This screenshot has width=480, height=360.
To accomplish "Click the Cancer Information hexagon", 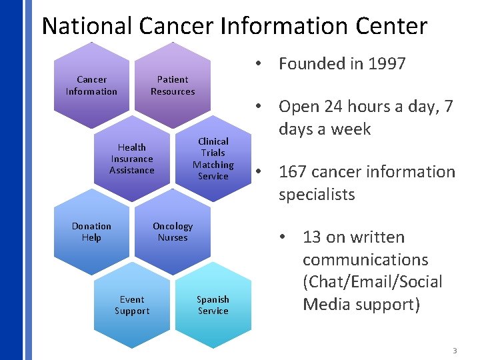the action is coord(91,85).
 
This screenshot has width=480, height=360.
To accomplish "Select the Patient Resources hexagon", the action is coord(173,85).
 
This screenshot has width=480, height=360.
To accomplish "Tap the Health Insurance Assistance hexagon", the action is coord(132,159).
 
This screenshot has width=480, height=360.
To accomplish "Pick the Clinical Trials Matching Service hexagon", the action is coord(213,159).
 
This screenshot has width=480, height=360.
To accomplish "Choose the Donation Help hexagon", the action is coord(91,232).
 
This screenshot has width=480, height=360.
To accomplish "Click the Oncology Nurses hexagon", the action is coord(173,232).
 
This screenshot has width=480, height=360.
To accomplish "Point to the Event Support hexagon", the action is coord(132,305).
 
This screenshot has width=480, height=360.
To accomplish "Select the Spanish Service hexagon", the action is coord(213,305).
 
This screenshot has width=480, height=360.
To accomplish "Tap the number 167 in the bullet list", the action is coord(293,172).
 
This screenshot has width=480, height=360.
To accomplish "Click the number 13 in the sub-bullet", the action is coord(312,237).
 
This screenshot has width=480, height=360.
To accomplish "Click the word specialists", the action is coord(317,195).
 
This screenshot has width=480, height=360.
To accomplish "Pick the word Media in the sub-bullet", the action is coord(324,305).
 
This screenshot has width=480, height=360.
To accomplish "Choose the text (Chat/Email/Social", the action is coord(372,282).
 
